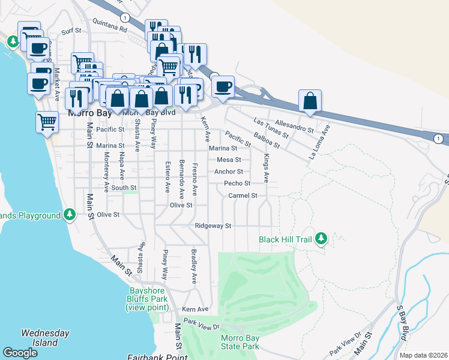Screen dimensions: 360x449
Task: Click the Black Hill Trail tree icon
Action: click(321, 239)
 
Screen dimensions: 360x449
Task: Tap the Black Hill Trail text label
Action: click(286, 239)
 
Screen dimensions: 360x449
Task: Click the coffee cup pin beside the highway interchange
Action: click(223, 86)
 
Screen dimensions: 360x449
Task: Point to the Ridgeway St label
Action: click(213, 226)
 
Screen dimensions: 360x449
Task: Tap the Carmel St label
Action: click(243, 196)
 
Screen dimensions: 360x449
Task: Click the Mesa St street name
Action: click(229, 160)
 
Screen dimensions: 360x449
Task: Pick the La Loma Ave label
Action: click(319, 142)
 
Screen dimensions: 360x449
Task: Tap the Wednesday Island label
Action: click(45, 338)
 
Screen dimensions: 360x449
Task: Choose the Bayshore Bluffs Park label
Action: click(147, 299)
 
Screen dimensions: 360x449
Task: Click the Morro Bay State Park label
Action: click(240, 343)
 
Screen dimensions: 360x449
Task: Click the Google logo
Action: click(20, 353)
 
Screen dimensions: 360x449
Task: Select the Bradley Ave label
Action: click(193, 266)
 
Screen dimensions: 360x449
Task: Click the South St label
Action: click(124, 188)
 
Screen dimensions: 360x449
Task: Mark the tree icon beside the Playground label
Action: click(70, 214)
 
